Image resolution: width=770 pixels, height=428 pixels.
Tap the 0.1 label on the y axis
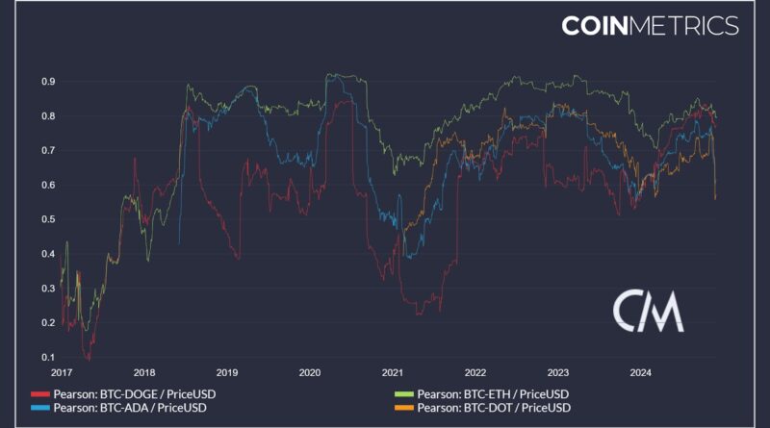[46, 357]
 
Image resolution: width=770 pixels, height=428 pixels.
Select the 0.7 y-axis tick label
[46, 150]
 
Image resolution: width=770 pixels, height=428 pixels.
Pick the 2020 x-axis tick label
[309, 372]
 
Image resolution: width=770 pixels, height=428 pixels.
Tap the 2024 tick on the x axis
[640, 372]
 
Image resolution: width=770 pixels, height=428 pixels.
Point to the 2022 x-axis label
[474, 372]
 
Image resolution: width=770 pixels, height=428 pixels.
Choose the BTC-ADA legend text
[129, 408]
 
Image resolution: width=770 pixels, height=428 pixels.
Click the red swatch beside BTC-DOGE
[39, 394]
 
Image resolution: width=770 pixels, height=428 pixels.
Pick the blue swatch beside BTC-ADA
[39, 408]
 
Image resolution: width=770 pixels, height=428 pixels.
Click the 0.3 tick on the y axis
[46, 288]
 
